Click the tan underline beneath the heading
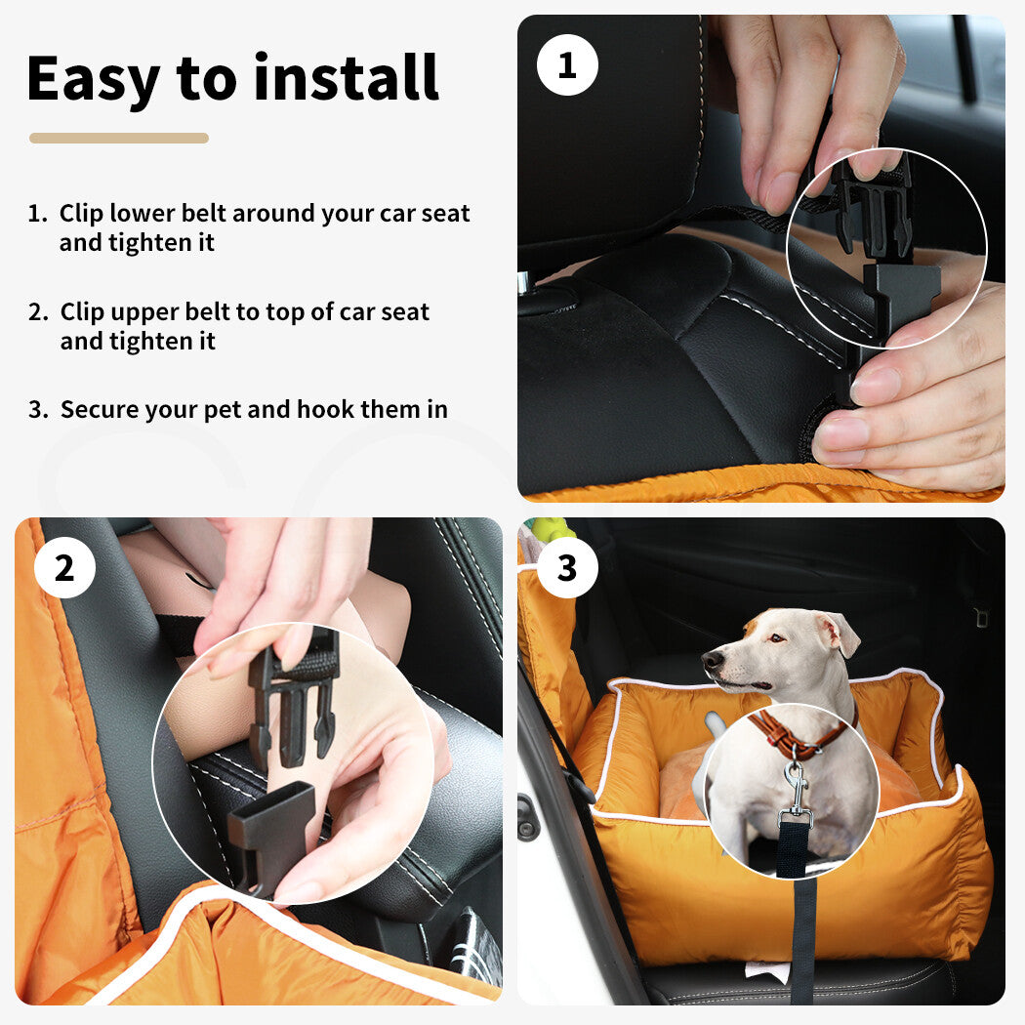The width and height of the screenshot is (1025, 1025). point(119,138)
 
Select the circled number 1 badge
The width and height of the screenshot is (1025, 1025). point(567,64)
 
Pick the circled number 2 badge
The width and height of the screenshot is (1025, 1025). point(64,567)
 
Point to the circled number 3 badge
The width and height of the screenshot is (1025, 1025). point(567,567)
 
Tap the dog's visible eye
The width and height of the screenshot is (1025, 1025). point(775,638)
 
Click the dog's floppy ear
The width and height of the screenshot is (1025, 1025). point(840,634)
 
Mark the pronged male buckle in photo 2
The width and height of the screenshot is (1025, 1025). point(293,701)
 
